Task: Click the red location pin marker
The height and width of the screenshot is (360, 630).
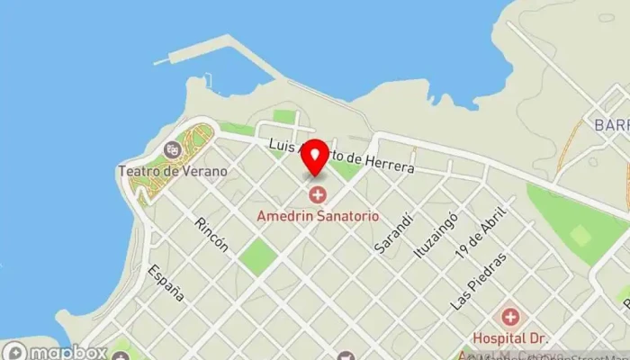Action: [x=314, y=157]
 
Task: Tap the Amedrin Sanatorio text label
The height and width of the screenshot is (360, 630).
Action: [x=318, y=217]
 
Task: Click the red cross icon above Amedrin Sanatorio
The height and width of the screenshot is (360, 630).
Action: [x=318, y=194]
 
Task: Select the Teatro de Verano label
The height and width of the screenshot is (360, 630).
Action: [x=172, y=171]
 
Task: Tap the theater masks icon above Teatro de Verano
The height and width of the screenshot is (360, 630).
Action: [x=172, y=149]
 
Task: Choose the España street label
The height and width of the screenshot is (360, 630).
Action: [x=166, y=282]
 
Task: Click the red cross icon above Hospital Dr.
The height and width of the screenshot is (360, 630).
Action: [x=511, y=317]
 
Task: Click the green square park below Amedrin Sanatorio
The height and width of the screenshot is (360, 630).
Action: [x=257, y=256]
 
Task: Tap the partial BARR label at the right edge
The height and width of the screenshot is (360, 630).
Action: [x=609, y=125]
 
